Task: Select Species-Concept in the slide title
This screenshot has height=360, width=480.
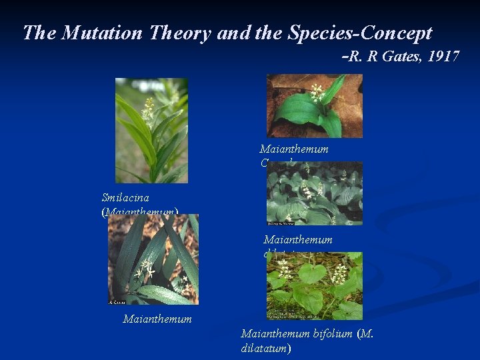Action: pos(359,33)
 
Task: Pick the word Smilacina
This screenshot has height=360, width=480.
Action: pos(125,197)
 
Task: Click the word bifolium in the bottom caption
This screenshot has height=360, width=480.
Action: pos(331,333)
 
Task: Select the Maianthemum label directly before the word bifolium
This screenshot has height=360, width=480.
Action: pos(274,333)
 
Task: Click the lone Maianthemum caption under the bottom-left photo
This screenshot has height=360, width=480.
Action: pos(157,319)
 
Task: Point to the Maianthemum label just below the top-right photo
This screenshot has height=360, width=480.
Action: pos(294,149)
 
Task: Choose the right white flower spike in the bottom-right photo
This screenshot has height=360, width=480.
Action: pos(340,272)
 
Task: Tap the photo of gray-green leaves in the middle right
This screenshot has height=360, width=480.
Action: pos(314,193)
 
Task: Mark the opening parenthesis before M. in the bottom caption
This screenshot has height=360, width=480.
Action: pos(360,333)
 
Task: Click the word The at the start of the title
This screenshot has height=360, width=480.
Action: pos(37,33)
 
